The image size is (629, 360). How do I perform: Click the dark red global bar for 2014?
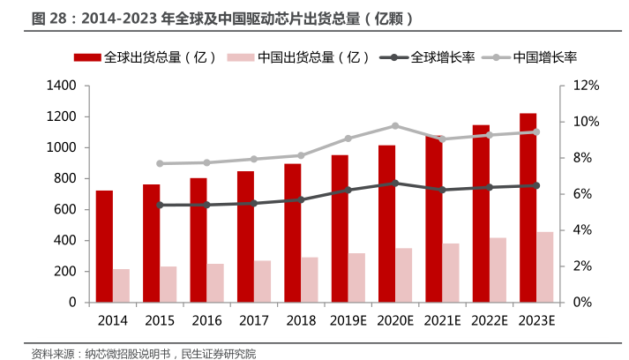pyautogui.click(x=104, y=246)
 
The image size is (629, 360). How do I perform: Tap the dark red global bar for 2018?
pyautogui.click(x=293, y=233)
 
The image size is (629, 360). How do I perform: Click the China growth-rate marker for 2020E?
pyautogui.click(x=394, y=126)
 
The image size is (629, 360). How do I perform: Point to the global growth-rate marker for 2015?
pyautogui.click(x=159, y=205)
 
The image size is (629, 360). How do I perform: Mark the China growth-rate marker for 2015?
pyautogui.click(x=159, y=163)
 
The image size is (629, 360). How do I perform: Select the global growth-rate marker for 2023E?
pyautogui.click(x=536, y=185)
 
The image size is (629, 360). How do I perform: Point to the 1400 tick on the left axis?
pyautogui.click(x=64, y=86)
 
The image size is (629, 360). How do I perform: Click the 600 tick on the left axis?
pyautogui.click(x=67, y=209)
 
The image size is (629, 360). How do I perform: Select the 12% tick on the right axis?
pyautogui.click(x=586, y=86)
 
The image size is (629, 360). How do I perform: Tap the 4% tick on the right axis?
pyautogui.click(x=583, y=230)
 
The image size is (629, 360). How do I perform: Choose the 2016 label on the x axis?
pyautogui.click(x=206, y=320)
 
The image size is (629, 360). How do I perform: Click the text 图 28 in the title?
pyautogui.click(x=49, y=18)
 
